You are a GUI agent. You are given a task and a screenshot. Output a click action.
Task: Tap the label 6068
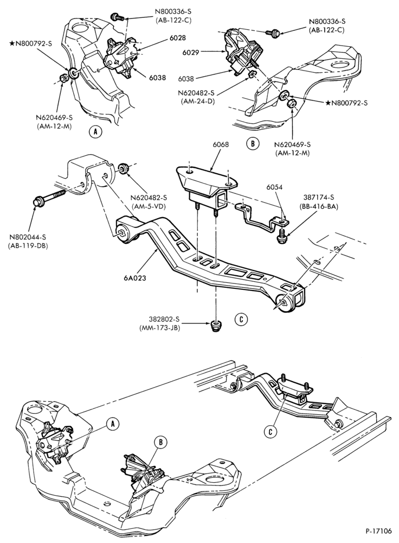click(221, 144)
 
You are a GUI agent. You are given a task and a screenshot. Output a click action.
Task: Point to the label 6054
click(274, 187)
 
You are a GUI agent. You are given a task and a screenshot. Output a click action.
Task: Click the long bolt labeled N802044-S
click(50, 196)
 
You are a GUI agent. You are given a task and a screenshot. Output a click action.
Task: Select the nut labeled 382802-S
click(216, 326)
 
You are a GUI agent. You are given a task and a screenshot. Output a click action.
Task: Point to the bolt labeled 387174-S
click(283, 235)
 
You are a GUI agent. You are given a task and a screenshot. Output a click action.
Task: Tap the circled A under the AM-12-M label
click(95, 131)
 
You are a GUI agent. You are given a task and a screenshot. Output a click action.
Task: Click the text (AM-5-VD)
click(149, 205)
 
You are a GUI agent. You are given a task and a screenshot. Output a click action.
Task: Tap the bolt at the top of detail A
click(117, 16)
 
